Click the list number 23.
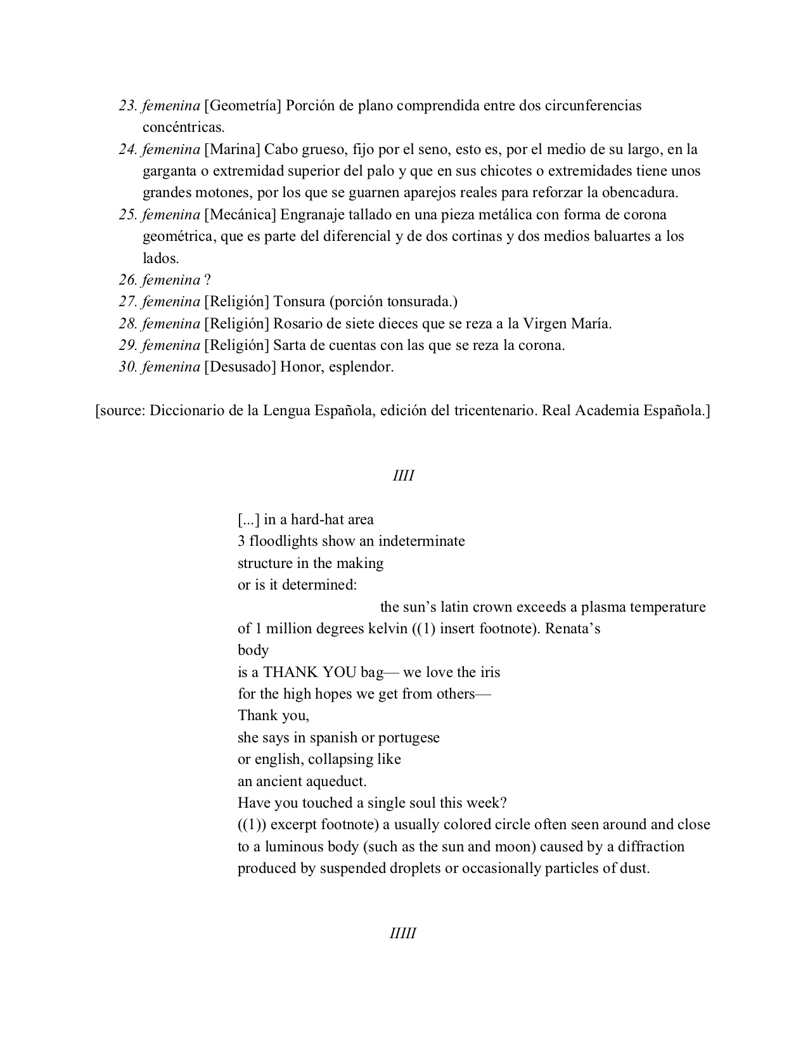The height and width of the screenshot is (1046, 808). pyautogui.click(x=128, y=106)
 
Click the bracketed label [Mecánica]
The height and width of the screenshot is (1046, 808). pyautogui.click(x=240, y=215)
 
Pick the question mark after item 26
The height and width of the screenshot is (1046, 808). pyautogui.click(x=207, y=280)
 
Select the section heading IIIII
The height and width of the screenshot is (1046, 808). pyautogui.click(x=404, y=934)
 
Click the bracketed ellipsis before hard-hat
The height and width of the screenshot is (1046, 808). pyautogui.click(x=248, y=520)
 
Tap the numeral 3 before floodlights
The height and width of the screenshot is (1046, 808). pyautogui.click(x=241, y=541)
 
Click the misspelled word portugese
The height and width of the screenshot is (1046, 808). pyautogui.click(x=409, y=738)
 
